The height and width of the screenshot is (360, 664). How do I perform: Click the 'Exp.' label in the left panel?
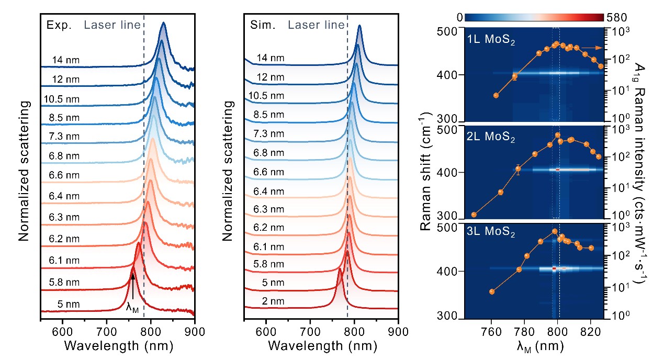pos(58,25)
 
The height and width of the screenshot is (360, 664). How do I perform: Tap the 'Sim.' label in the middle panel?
pos(261,25)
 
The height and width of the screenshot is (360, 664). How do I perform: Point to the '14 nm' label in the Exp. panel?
pos(65,60)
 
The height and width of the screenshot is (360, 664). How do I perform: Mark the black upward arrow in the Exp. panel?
pos(133,286)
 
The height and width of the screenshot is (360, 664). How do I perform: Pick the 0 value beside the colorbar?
pos(459,17)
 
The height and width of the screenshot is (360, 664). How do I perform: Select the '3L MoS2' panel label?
pos(491,233)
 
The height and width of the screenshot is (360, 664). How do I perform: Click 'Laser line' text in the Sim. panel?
pos(316,25)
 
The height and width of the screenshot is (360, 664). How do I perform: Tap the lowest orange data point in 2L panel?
pos(474,215)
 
